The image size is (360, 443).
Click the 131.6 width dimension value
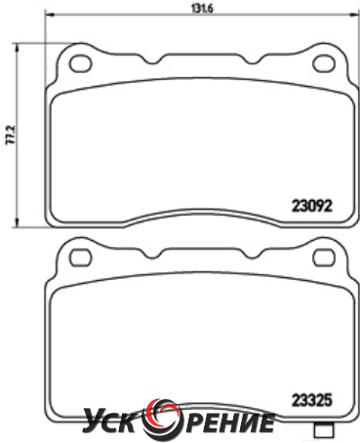(202, 9)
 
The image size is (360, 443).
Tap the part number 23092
(312, 206)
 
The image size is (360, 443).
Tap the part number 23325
(312, 400)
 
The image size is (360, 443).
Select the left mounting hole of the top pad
(80, 63)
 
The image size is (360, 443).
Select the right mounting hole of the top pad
(324, 63)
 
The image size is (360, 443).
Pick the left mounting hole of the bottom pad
(81, 258)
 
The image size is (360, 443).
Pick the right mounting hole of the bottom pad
(324, 258)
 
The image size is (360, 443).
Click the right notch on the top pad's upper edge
(254, 60)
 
